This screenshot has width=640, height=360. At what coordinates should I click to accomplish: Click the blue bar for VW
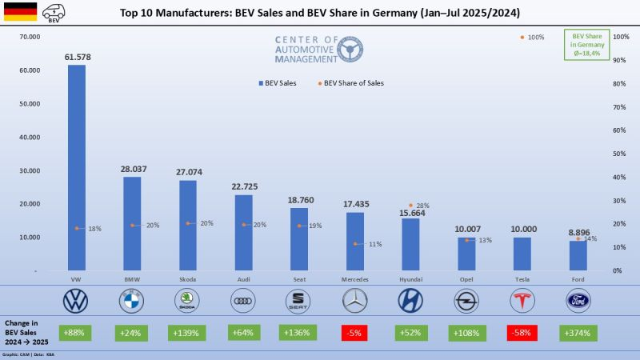click(76, 168)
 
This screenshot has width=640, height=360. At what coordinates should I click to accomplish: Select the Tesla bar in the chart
click(522, 254)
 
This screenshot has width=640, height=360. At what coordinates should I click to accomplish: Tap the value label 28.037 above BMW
click(131, 169)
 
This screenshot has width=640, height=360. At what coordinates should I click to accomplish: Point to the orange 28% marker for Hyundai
click(411, 206)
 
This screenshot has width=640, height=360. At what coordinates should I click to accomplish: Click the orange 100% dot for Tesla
click(522, 37)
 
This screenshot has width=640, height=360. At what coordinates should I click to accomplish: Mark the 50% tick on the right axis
click(618, 154)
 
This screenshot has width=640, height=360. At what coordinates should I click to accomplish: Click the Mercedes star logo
click(354, 301)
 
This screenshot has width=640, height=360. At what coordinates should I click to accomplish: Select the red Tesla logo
click(522, 301)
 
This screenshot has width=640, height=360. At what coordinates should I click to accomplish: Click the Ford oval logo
click(578, 301)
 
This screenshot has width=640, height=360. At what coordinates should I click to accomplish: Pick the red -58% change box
click(522, 332)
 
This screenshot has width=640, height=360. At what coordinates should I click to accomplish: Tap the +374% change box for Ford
click(578, 332)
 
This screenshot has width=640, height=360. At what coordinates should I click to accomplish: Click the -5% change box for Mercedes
click(354, 332)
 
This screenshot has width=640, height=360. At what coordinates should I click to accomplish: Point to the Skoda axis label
click(187, 279)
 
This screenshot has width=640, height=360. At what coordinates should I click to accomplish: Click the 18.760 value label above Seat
click(298, 200)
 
